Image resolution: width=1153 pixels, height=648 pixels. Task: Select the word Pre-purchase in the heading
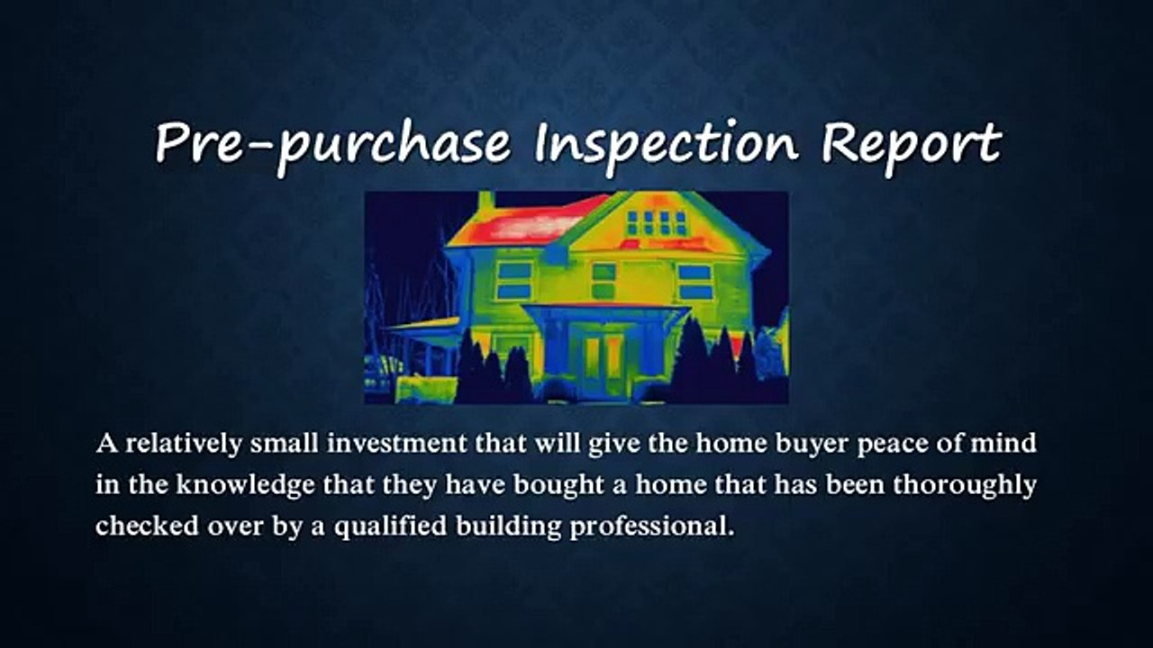click(x=332, y=144)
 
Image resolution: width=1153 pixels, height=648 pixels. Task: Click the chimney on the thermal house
click(x=486, y=201)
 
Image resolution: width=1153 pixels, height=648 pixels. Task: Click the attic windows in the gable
click(x=656, y=222)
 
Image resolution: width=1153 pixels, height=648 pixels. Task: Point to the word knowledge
click(x=241, y=486)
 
